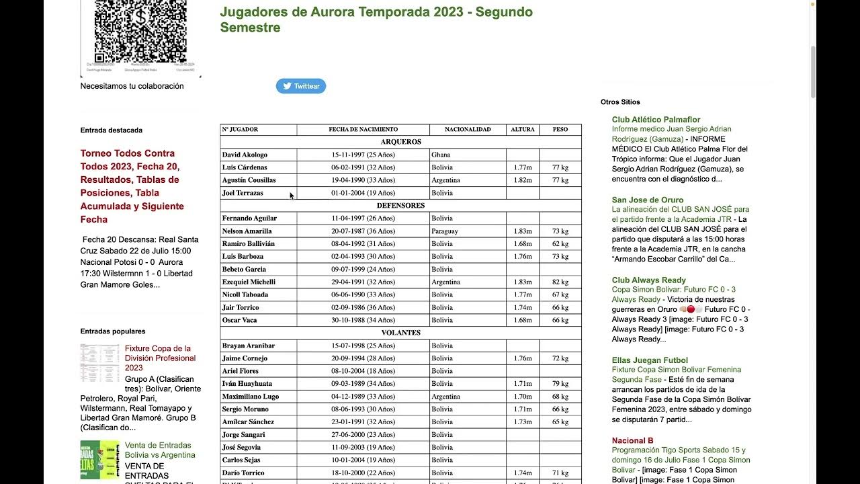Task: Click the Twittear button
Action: tap(301, 86)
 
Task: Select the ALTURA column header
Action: tap(523, 129)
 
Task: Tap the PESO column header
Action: tap(560, 129)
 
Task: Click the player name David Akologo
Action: tap(245, 155)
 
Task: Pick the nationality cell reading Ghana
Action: tap(441, 155)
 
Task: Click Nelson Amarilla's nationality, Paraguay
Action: tap(445, 231)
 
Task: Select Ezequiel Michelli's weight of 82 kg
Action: tap(560, 282)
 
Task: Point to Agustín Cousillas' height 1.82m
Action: tap(523, 180)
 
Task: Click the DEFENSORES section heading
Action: tap(400, 206)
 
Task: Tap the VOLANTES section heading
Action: tap(400, 333)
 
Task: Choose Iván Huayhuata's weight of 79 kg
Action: tap(560, 384)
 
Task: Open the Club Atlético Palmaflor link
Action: tap(656, 120)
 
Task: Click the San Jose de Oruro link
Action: tap(648, 200)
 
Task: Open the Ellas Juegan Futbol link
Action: tap(650, 360)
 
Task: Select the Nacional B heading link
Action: tap(632, 440)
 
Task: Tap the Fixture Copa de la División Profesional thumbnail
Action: tap(99, 363)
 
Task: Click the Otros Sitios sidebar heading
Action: tap(620, 102)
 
